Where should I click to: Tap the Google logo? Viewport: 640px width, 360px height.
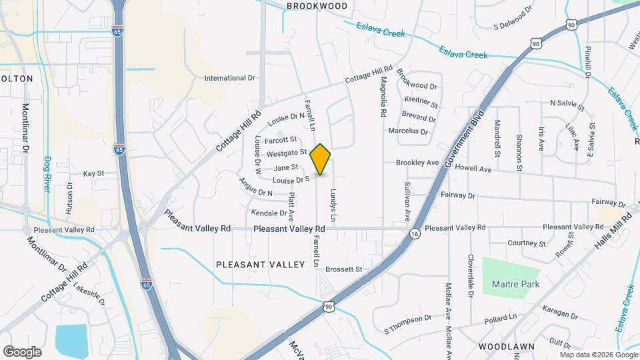point(23,351)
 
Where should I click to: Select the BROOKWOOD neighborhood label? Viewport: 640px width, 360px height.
point(317,6)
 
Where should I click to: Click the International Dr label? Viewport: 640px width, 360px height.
point(230,78)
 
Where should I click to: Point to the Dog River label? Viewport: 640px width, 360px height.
point(47,174)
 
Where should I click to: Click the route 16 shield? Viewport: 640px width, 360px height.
point(415,234)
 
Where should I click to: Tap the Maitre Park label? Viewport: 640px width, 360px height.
point(515,285)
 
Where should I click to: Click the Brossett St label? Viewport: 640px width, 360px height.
point(343,269)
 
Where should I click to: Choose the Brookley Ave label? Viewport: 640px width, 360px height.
point(417,163)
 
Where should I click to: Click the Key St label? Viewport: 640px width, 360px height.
point(94,173)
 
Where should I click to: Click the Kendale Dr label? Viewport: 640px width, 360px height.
point(269,213)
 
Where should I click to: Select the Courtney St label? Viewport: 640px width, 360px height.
point(527,243)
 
